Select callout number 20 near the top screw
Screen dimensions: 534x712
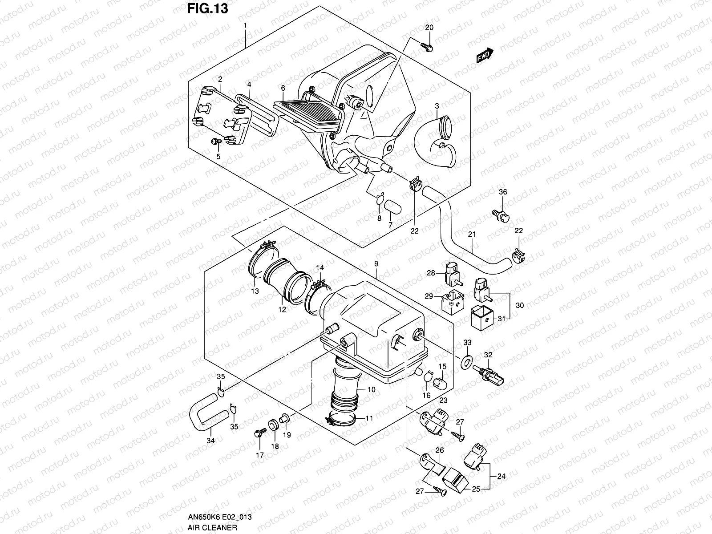click(429, 28)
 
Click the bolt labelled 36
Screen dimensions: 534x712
click(501, 215)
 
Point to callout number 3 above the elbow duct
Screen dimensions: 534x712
click(437, 105)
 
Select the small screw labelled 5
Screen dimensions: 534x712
click(215, 142)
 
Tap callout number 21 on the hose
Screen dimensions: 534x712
click(472, 234)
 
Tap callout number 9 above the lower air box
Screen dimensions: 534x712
click(376, 264)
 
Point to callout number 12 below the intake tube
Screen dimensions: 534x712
click(282, 310)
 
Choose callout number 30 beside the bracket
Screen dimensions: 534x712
click(520, 305)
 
